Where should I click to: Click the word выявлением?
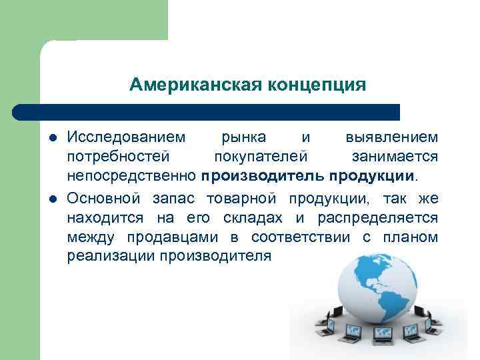392,137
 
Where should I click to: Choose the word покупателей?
261,157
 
